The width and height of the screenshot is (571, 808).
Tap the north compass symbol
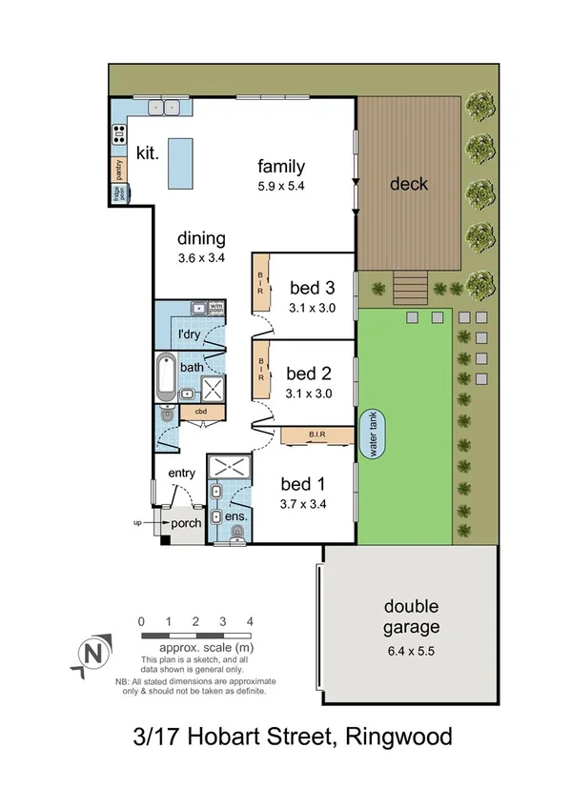[92, 654]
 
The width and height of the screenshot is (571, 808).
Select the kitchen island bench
[179, 161]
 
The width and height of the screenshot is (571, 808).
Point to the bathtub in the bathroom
[166, 375]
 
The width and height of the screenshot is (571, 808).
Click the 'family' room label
[280, 167]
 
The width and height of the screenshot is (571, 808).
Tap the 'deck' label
[409, 184]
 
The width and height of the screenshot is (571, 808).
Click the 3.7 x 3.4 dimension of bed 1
[304, 505]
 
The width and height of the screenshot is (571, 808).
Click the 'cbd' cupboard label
[201, 412]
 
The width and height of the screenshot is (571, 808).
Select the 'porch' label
[184, 523]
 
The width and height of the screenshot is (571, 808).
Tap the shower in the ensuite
[229, 467]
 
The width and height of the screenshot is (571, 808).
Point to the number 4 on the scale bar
[250, 621]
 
